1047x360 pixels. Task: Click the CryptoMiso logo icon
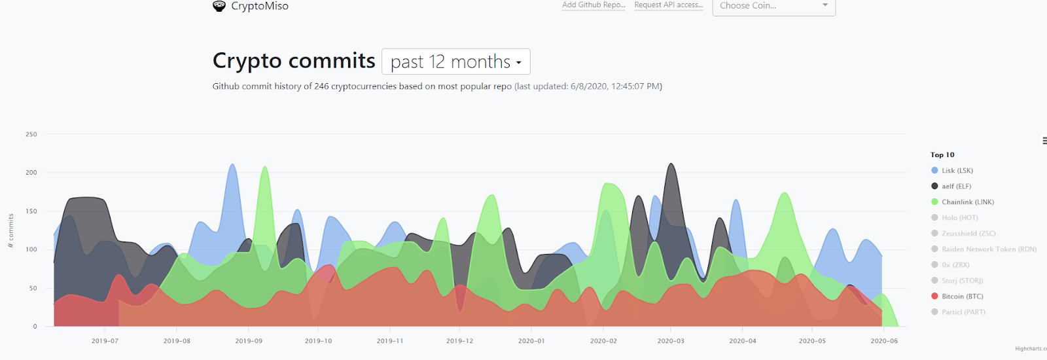tap(219, 6)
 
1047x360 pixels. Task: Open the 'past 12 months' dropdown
tap(455, 62)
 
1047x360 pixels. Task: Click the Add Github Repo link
tap(594, 5)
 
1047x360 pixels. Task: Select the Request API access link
tap(668, 5)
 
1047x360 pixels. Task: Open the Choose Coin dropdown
tap(773, 6)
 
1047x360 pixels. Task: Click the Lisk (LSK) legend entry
tap(957, 170)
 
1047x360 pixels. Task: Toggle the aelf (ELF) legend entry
tap(956, 186)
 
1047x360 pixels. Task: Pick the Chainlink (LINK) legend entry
tap(967, 202)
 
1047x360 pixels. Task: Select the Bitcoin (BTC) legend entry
tap(962, 296)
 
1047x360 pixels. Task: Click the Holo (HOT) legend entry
tap(959, 217)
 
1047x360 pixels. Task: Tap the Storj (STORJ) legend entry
tap(962, 280)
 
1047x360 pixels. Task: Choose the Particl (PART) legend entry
tap(963, 312)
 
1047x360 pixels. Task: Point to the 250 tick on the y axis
tap(31, 134)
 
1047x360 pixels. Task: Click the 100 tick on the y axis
tap(31, 249)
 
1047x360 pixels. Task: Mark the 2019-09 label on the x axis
tap(249, 341)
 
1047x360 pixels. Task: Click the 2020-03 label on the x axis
tap(671, 341)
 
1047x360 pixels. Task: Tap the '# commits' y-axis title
tap(10, 230)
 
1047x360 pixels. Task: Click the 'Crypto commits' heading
tap(294, 61)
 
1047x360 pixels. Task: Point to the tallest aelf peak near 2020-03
tap(671, 164)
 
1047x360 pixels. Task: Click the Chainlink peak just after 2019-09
tap(265, 168)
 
